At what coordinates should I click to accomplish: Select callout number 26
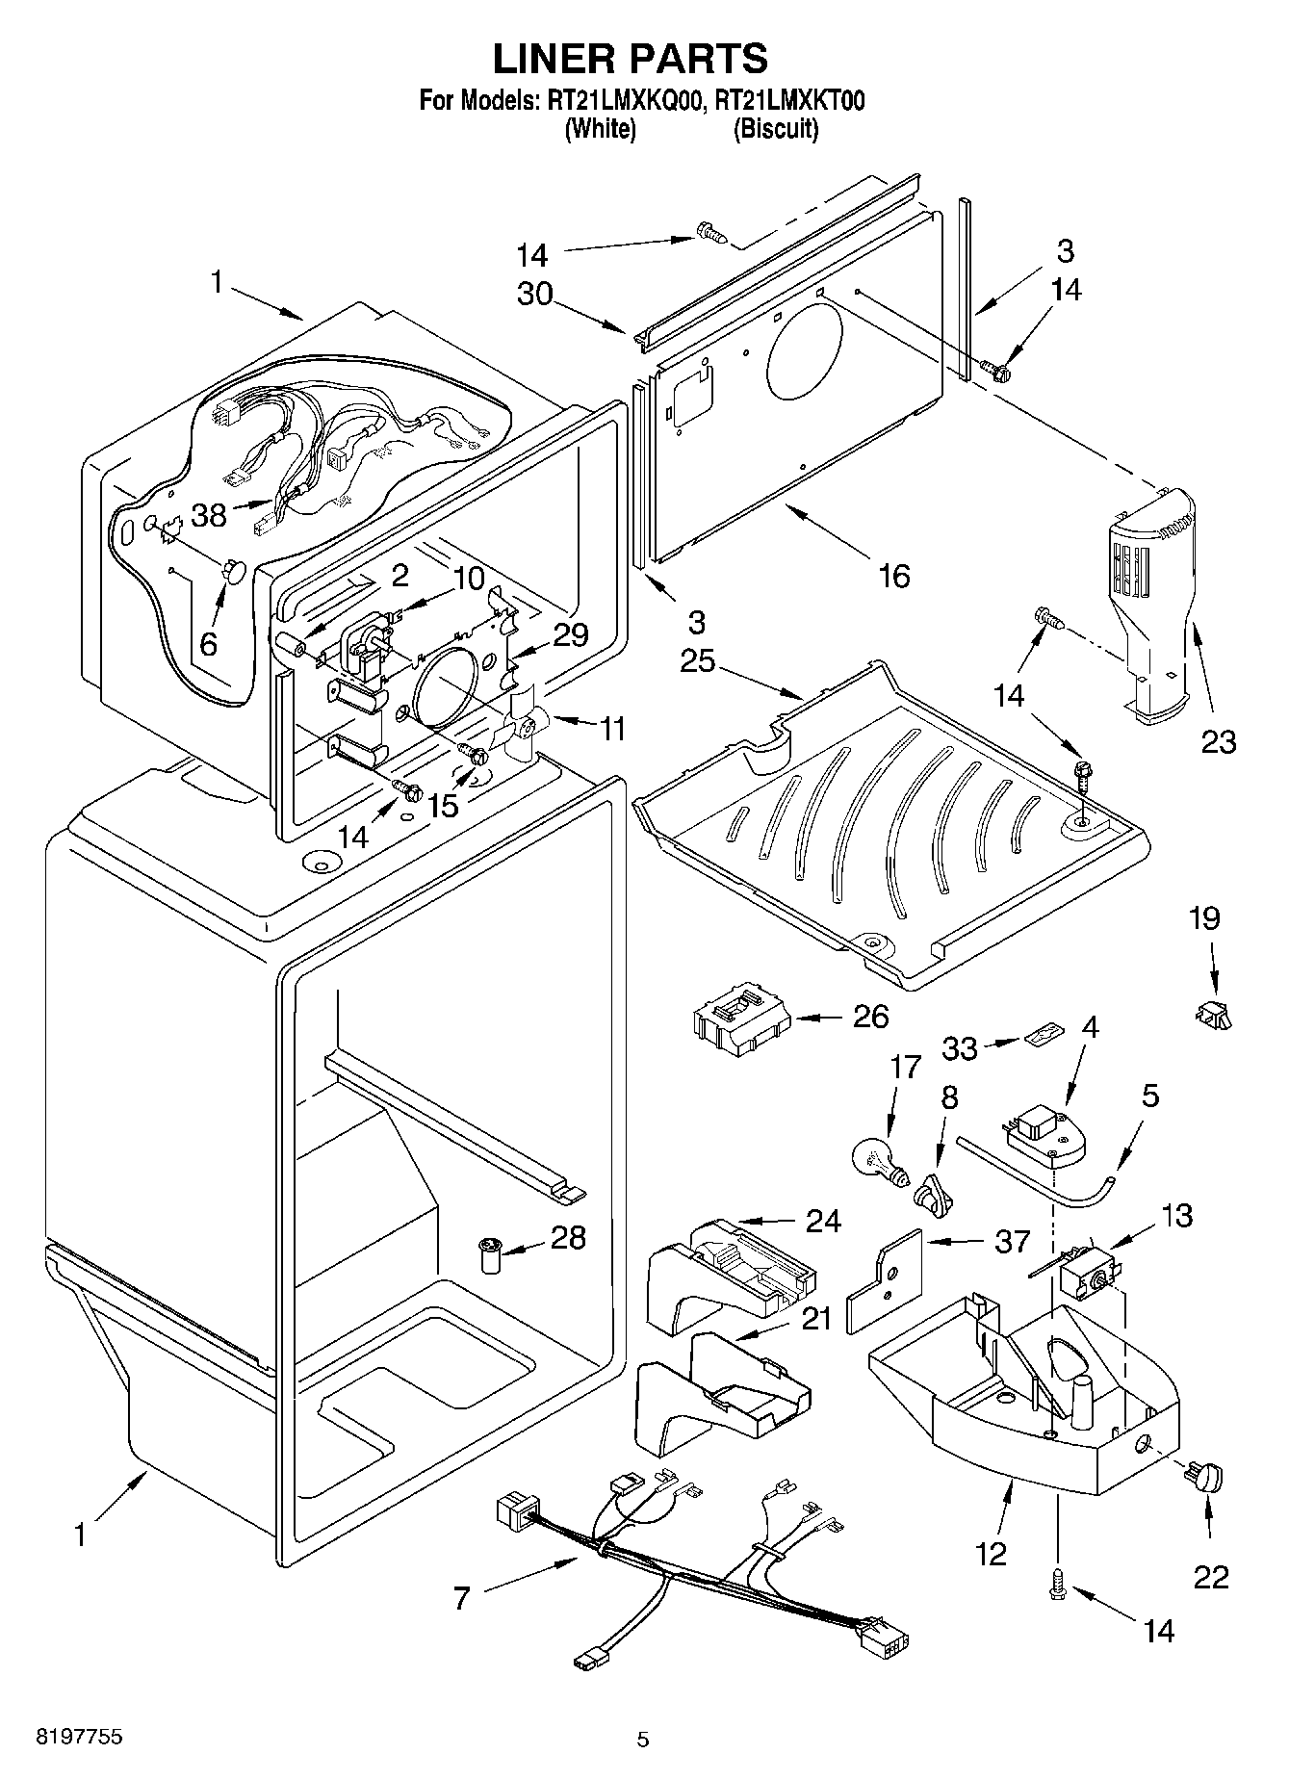(870, 1017)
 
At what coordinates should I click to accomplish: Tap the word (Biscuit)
(776, 129)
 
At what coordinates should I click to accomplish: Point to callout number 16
(893, 576)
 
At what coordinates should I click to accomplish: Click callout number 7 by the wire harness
(462, 1599)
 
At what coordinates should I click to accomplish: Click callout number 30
(535, 293)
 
